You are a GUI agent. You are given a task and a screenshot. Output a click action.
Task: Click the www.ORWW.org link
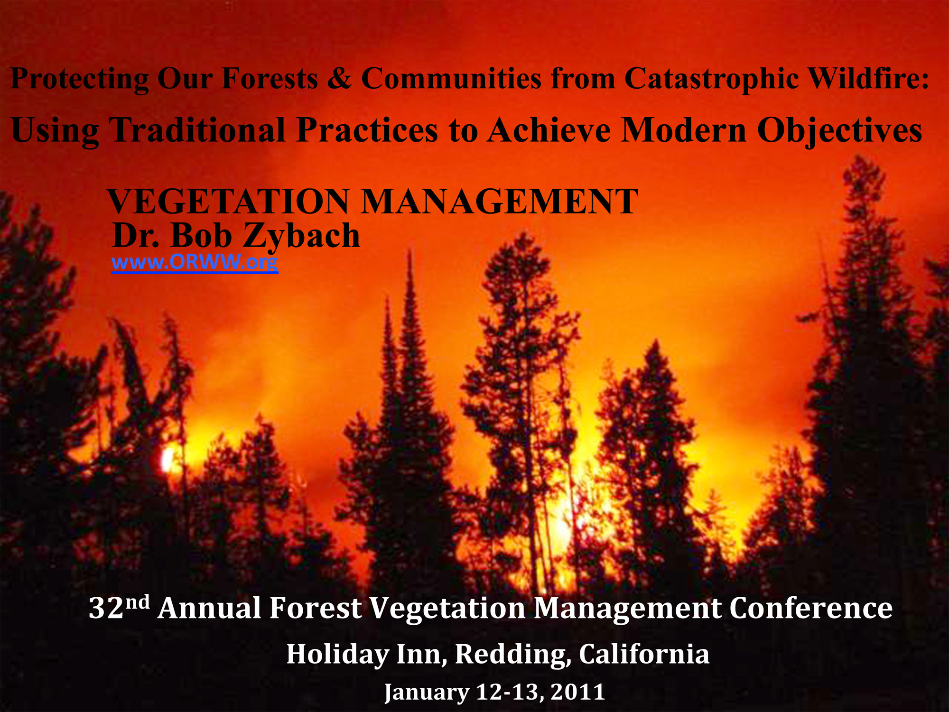tap(195, 262)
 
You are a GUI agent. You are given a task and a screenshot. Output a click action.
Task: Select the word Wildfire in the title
tap(869, 78)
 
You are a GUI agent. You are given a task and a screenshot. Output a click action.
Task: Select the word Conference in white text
tap(811, 608)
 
